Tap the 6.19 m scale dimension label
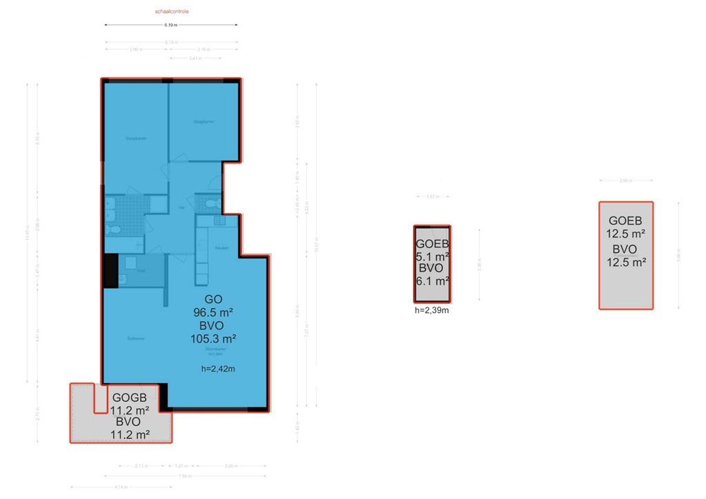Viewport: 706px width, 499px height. click(x=171, y=25)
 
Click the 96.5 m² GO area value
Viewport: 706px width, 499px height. click(x=214, y=312)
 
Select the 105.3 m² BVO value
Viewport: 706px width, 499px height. click(x=214, y=338)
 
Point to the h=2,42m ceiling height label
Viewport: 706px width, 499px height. click(x=218, y=369)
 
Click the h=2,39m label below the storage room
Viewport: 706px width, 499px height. click(x=432, y=310)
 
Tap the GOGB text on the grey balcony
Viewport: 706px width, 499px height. click(x=130, y=398)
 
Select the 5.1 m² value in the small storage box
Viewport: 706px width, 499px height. click(x=432, y=256)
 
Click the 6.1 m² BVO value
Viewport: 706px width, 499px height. click(x=432, y=280)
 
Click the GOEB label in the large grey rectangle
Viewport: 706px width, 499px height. click(x=625, y=221)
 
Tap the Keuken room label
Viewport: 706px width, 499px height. click(x=222, y=248)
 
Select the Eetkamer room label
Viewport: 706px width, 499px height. click(x=134, y=338)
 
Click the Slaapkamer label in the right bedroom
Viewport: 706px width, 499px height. click(x=203, y=121)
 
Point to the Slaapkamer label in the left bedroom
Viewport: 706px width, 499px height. click(x=136, y=138)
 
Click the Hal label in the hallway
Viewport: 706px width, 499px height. click(x=181, y=207)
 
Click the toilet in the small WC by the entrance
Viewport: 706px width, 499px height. click(x=210, y=204)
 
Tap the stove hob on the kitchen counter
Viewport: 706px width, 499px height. click(x=220, y=221)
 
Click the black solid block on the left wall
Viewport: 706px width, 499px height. click(x=110, y=271)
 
